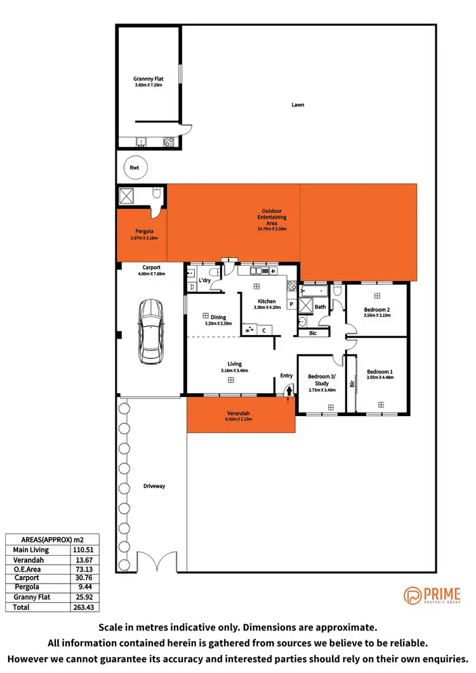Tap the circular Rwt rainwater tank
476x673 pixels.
(x=135, y=167)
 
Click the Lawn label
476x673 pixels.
(x=297, y=105)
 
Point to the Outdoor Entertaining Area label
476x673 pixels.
(x=272, y=217)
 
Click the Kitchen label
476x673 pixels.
(x=266, y=301)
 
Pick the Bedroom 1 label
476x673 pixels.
(x=380, y=371)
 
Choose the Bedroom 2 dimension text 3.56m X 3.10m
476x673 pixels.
(x=377, y=315)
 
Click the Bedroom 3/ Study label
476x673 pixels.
(x=322, y=379)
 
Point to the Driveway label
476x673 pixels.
(x=154, y=486)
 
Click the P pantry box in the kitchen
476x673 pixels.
(x=291, y=304)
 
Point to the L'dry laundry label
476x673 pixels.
(x=204, y=280)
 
